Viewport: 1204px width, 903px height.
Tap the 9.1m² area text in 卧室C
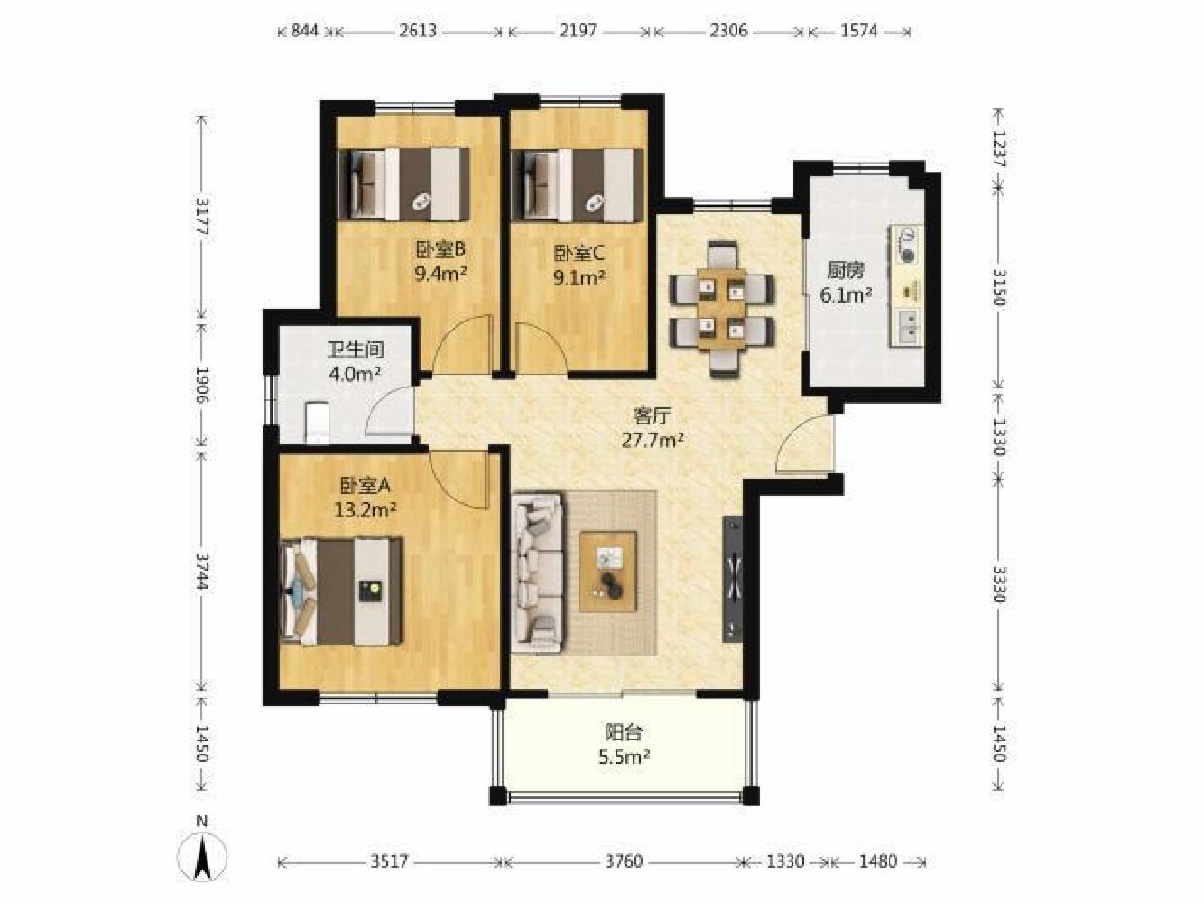coord(579,278)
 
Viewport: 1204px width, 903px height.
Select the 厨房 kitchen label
coord(846,271)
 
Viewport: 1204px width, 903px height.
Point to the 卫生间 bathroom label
coord(356,349)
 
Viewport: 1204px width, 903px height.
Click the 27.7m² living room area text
coord(653,440)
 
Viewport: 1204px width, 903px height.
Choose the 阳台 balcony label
coord(624,731)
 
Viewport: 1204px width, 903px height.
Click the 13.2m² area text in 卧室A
coord(366,510)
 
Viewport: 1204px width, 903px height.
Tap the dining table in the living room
coord(722,308)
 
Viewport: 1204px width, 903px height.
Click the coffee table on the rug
coord(608,571)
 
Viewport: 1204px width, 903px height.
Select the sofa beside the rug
coord(538,573)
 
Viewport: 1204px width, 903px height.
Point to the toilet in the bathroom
coord(317,423)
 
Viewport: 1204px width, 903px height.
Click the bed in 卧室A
coord(342,591)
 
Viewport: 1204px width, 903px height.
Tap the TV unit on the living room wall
coord(733,579)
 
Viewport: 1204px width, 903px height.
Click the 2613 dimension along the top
coord(418,31)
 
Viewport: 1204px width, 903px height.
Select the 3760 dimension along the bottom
coord(624,861)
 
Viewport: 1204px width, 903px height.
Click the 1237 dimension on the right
coord(999,149)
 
